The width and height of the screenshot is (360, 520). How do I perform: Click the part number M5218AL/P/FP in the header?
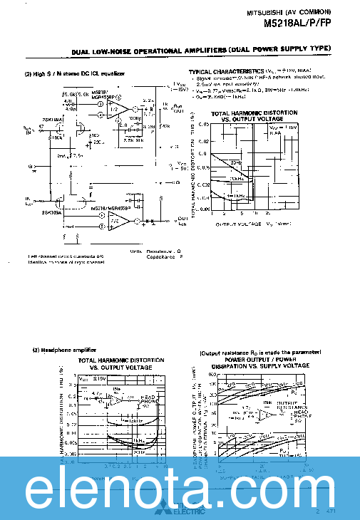pyautogui.click(x=298, y=22)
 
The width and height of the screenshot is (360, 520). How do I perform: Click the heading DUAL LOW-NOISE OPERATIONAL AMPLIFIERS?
pyautogui.click(x=148, y=51)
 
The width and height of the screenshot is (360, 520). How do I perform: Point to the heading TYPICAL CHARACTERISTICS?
pyautogui.click(x=226, y=72)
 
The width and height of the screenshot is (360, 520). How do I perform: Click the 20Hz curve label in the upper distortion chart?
pyautogui.click(x=237, y=162)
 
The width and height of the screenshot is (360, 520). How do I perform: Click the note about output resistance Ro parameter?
pyautogui.click(x=259, y=352)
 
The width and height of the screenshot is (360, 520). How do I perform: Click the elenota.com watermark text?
pyautogui.click(x=180, y=489)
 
